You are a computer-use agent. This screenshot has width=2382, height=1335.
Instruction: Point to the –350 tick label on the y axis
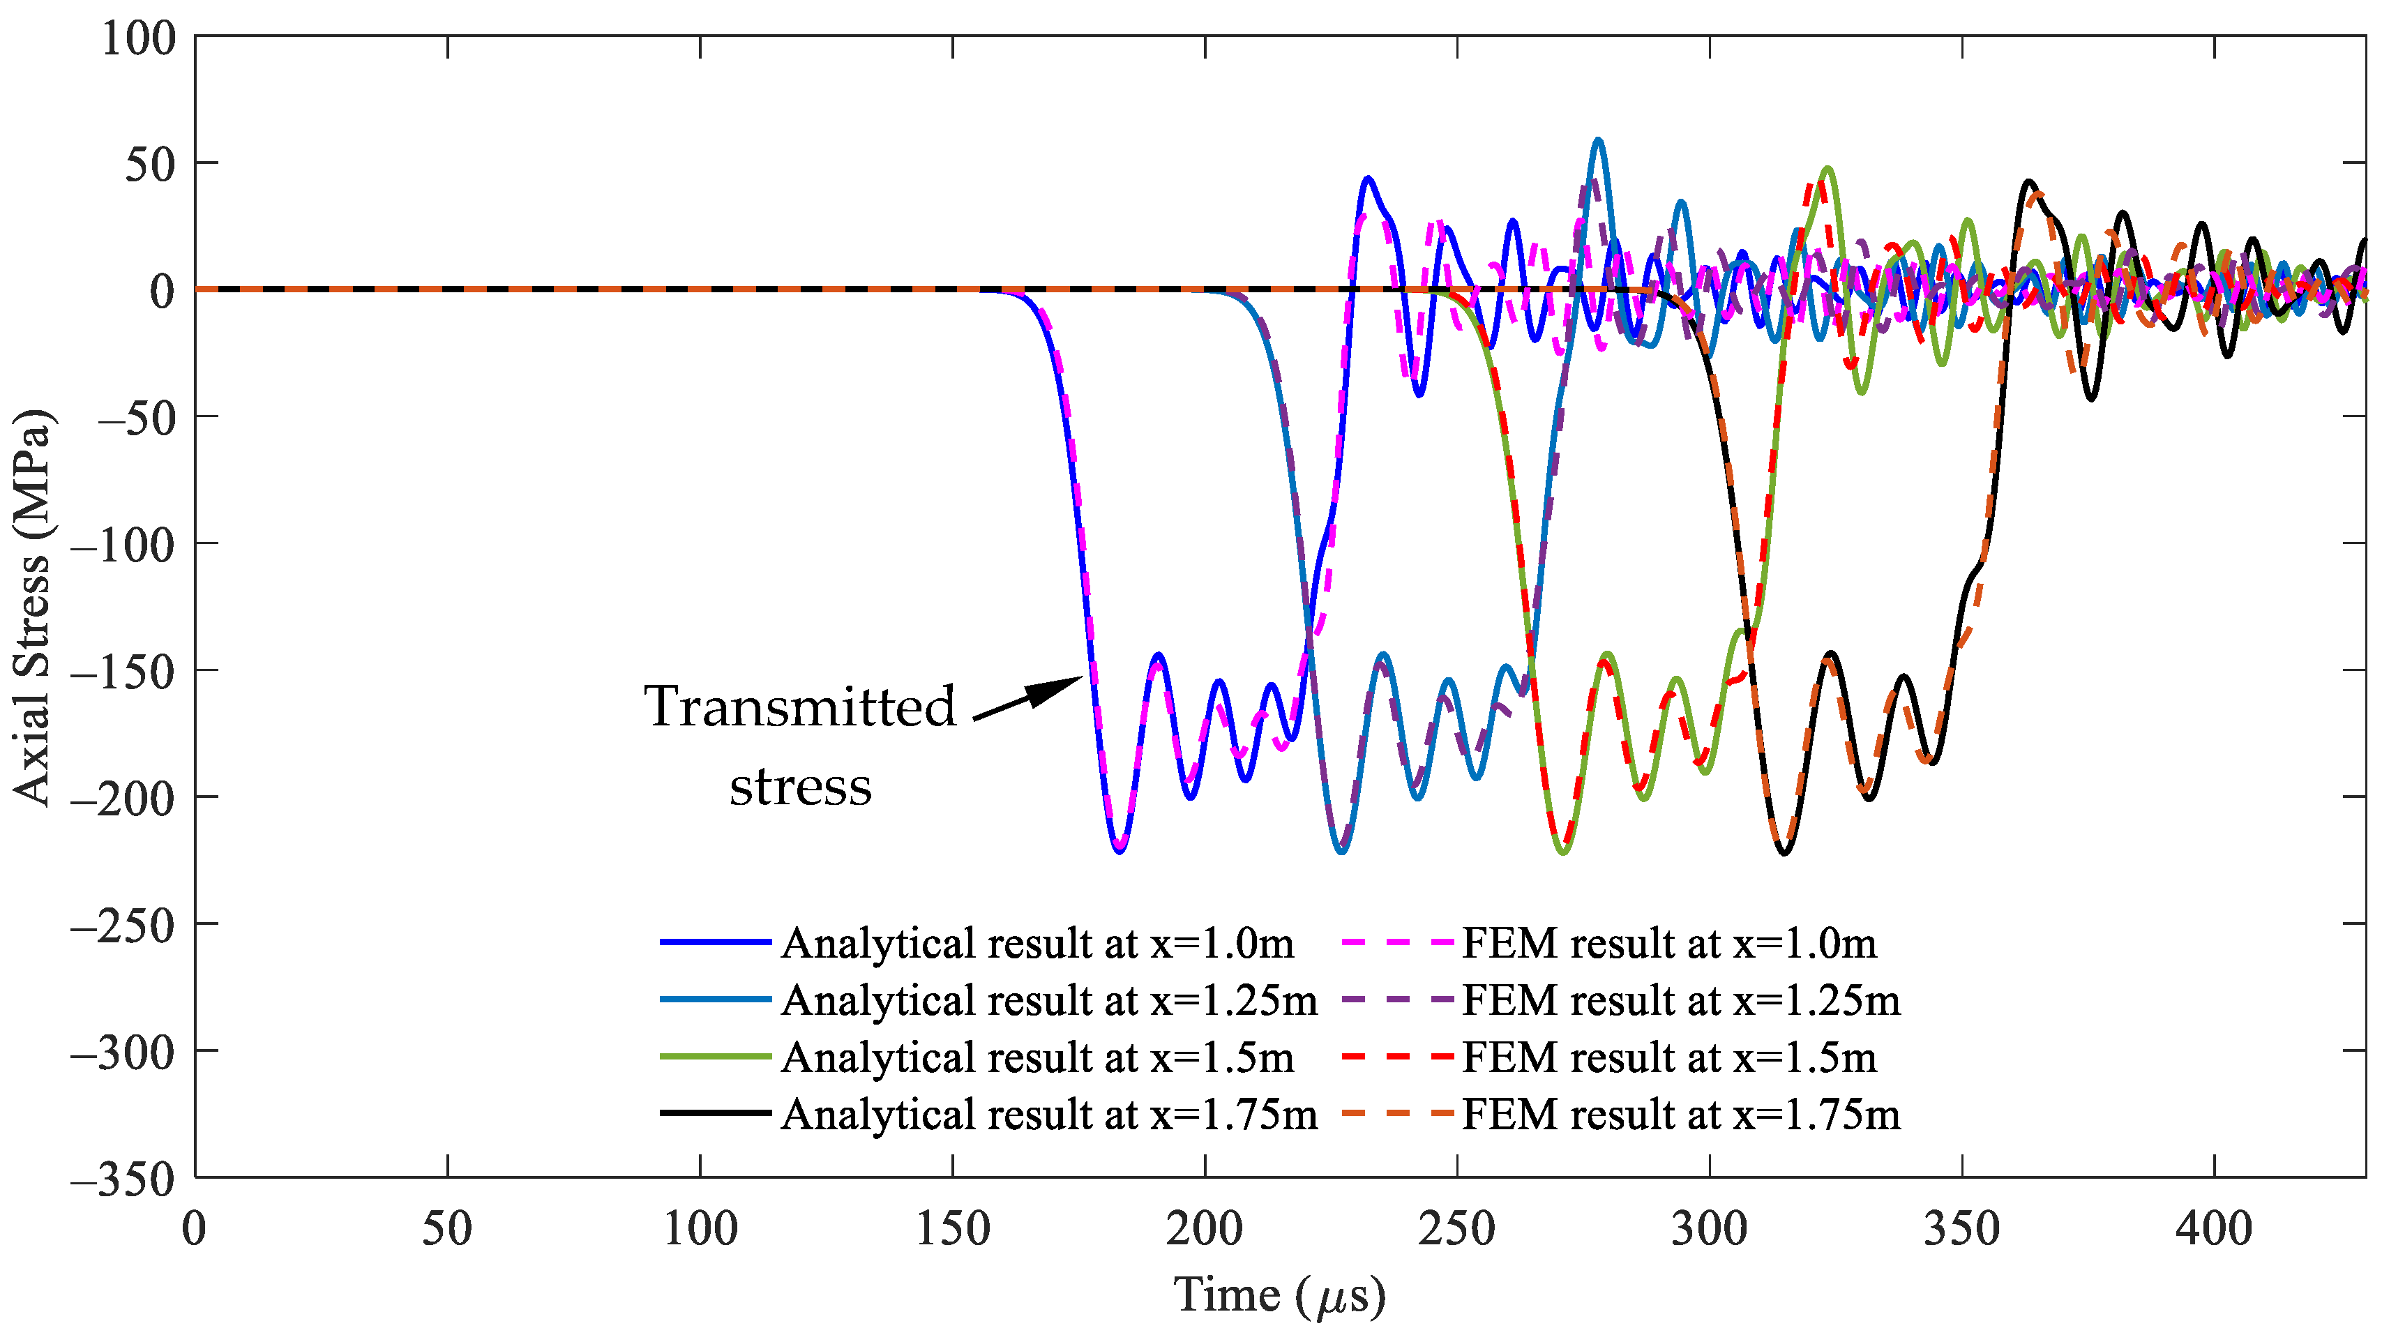pos(122,1179)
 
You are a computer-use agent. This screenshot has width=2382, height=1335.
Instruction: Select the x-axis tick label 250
pos(1456,1230)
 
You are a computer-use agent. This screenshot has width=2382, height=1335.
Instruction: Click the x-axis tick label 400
pos(2214,1230)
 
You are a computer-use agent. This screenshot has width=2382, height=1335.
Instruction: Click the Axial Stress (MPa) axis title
pos(32,608)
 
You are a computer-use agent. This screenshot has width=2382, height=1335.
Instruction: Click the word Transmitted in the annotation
pos(800,707)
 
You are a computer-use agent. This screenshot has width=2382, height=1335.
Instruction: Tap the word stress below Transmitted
pos(800,787)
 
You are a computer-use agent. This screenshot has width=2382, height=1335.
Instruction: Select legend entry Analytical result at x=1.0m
pos(1037,943)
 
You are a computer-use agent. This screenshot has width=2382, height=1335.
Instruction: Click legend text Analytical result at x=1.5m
pos(1037,1057)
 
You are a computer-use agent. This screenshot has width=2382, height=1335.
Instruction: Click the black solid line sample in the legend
pos(715,1113)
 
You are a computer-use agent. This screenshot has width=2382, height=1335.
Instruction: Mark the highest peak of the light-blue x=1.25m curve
pos(1597,140)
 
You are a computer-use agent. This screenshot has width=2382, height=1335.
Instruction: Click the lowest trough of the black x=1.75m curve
pos(1784,852)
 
